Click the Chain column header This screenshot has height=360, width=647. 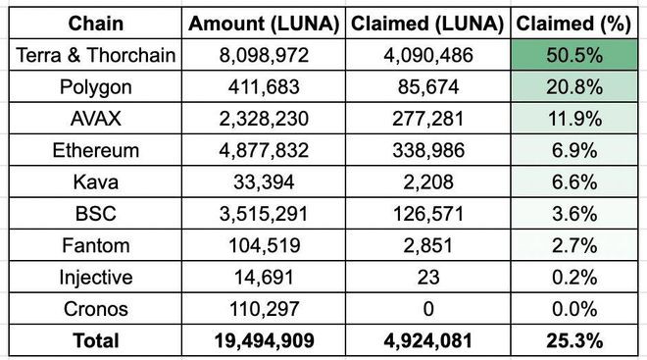(95, 24)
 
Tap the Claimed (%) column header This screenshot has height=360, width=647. (575, 24)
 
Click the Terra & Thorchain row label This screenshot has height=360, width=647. (95, 56)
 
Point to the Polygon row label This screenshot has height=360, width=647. (95, 87)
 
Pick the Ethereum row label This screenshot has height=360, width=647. (95, 151)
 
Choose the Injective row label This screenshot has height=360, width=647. (95, 278)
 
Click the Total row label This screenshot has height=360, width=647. (95, 340)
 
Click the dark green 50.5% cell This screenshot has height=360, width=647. (575, 56)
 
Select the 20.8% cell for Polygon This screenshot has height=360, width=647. (575, 87)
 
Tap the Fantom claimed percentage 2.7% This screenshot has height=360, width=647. (575, 246)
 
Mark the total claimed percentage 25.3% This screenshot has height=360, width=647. (575, 340)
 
